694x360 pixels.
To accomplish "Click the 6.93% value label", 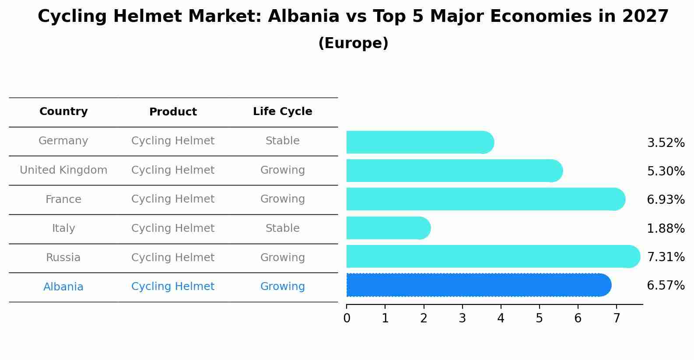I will pos(666,200).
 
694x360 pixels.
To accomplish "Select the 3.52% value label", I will pos(666,143).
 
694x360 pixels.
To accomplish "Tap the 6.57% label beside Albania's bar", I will pos(666,286).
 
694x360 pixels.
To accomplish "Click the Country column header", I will pos(63,112).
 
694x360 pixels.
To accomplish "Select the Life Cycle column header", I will pos(282,112).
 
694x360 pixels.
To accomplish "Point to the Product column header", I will pos(173,112).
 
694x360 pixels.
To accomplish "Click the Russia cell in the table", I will pos(63,258).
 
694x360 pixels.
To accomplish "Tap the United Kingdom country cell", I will pos(63,170).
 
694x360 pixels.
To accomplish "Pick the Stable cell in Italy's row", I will pos(282,228).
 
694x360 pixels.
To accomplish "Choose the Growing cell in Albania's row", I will pos(282,287).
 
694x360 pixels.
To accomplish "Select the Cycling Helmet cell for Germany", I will pos(173,141).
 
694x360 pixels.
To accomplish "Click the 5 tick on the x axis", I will pos(539,318).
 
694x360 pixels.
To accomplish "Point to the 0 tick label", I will pos(347,318).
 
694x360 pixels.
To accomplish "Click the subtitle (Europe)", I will pos(353,43).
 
